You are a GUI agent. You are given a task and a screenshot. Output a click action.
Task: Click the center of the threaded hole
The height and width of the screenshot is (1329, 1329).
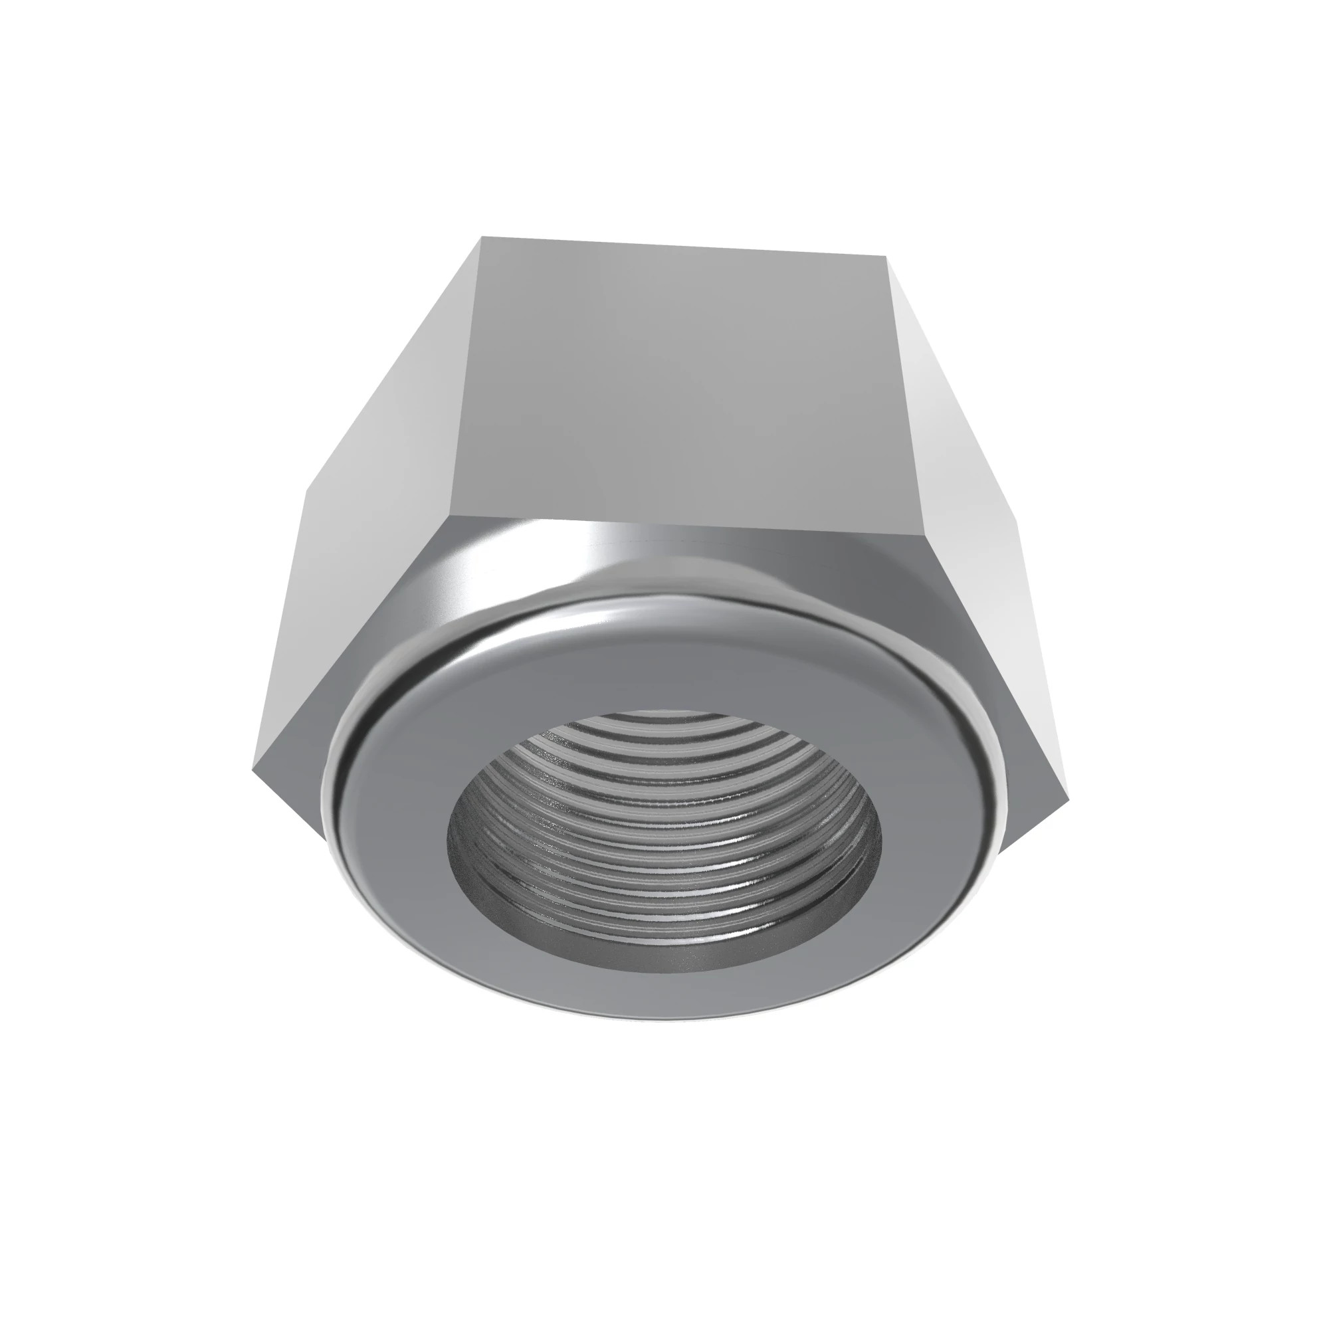tap(664, 843)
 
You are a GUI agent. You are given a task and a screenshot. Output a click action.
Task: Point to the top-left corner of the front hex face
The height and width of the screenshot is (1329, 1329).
tap(482, 237)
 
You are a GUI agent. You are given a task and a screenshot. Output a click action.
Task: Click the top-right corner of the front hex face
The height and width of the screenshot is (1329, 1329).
tap(885, 256)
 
